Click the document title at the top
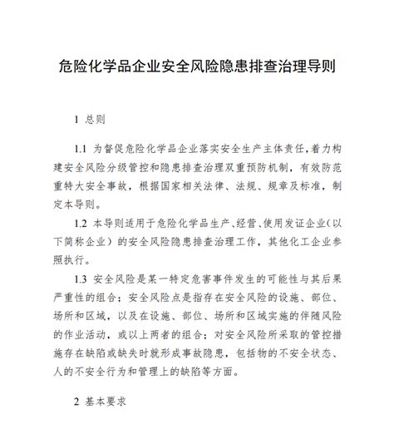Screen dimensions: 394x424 (197, 63)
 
